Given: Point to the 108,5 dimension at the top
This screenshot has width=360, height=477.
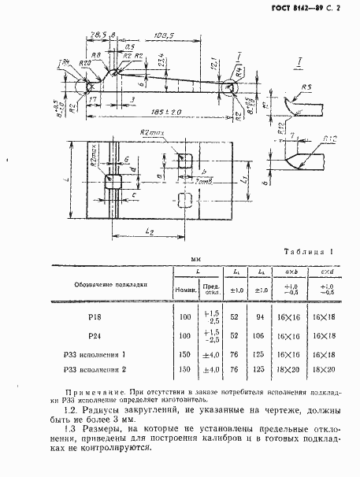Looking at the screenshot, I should coord(165,35).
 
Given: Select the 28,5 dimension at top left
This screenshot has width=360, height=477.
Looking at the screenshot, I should coord(98,35).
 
